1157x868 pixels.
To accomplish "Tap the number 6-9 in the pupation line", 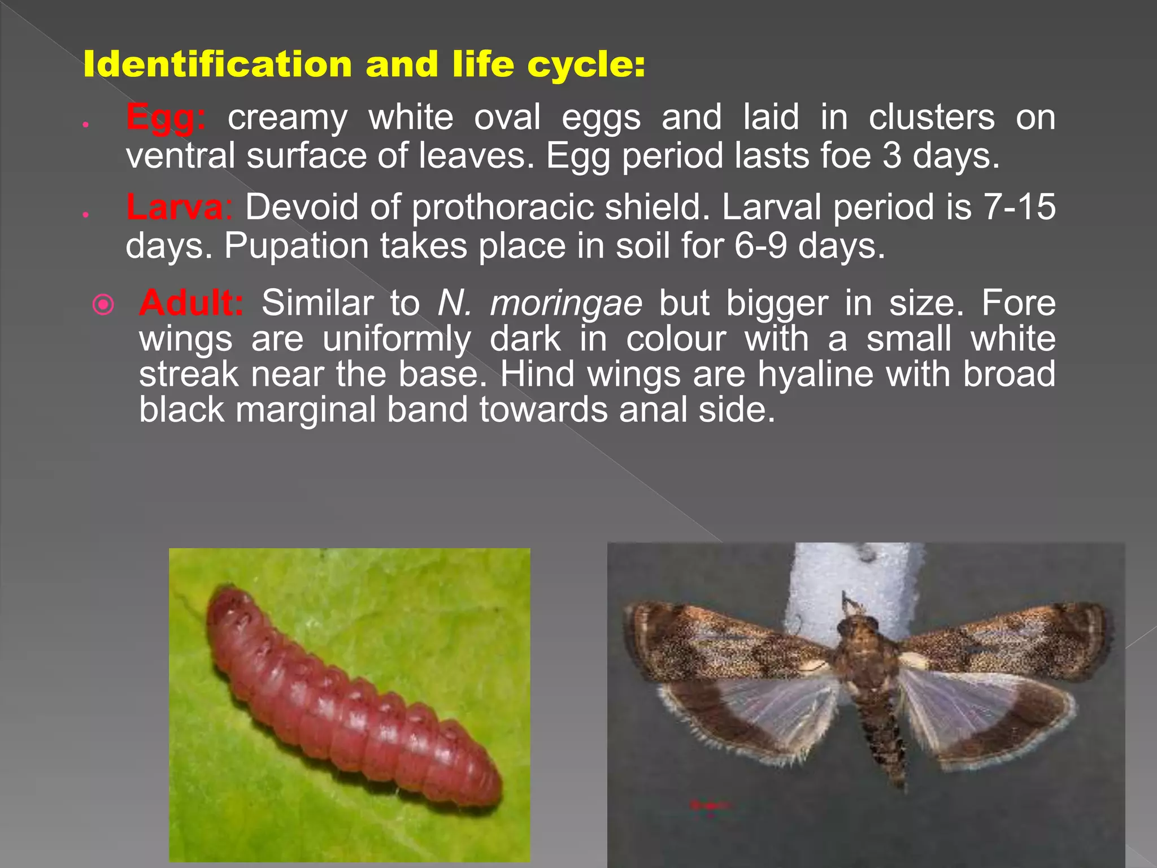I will [761, 246].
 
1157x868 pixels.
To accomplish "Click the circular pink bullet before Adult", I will [103, 305].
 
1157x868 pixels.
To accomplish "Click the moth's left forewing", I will [729, 644].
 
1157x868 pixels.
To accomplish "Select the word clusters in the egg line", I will [932, 118].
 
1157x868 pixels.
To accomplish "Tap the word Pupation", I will [296, 246].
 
